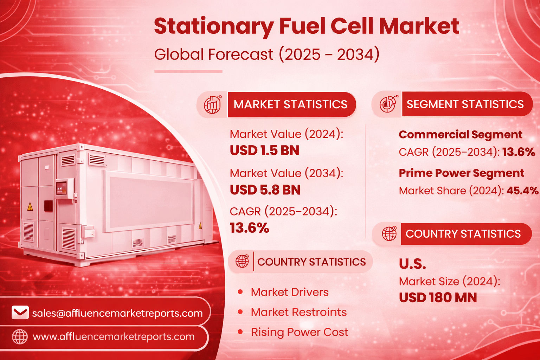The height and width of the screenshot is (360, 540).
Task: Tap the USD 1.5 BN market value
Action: (x=264, y=150)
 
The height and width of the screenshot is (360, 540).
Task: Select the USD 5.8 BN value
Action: (x=265, y=190)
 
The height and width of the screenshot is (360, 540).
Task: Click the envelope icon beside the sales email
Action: (x=20, y=313)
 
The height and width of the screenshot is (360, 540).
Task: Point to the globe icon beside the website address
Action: (x=20, y=336)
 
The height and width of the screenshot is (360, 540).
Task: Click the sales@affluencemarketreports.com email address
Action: (x=117, y=313)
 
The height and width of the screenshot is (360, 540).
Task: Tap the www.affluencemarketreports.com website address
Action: (x=114, y=336)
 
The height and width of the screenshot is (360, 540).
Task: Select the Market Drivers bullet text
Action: (x=289, y=292)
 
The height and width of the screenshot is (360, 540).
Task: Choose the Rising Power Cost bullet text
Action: (x=299, y=332)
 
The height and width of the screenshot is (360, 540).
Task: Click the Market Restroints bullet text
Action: (x=298, y=312)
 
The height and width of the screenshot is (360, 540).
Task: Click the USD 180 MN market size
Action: (x=438, y=298)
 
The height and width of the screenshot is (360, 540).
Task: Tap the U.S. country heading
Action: (x=412, y=264)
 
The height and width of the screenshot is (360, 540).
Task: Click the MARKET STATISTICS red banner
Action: (x=290, y=104)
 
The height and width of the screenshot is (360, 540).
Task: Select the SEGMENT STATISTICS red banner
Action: (x=465, y=104)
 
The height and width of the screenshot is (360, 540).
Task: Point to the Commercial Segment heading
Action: (x=460, y=134)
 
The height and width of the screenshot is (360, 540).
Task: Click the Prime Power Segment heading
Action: (x=461, y=173)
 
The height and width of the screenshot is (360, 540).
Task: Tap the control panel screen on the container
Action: (x=61, y=188)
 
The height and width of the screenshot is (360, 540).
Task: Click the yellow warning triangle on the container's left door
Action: (x=30, y=206)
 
